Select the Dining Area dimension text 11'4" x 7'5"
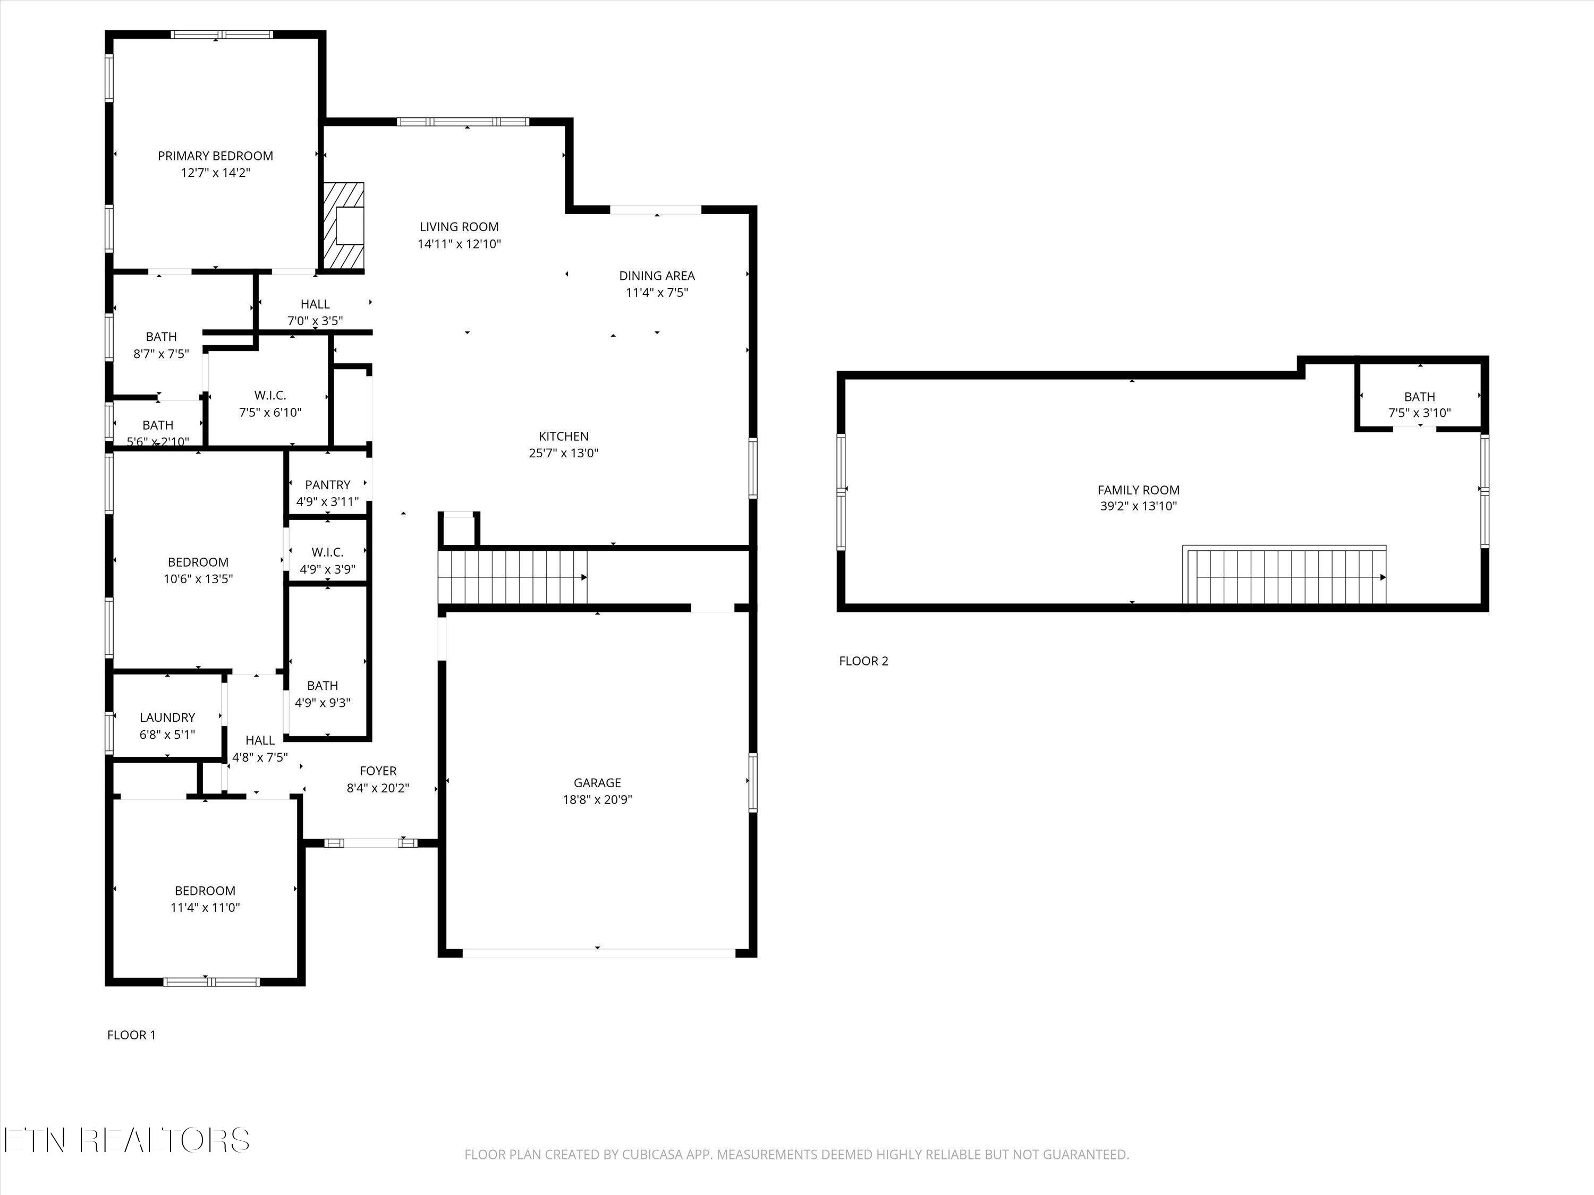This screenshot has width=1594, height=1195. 657,293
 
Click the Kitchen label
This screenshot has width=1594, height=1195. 564,437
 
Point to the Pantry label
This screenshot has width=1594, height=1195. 327,485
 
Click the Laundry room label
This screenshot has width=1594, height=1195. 167,718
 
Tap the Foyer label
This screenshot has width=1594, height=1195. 378,771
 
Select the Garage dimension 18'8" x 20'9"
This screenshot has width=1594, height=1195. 597,799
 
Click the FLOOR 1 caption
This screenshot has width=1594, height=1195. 131,1035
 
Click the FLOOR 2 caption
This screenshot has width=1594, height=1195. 863,661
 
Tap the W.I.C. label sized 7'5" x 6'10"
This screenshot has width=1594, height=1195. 270,396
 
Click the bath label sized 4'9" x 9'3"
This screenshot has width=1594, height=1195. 322,686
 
